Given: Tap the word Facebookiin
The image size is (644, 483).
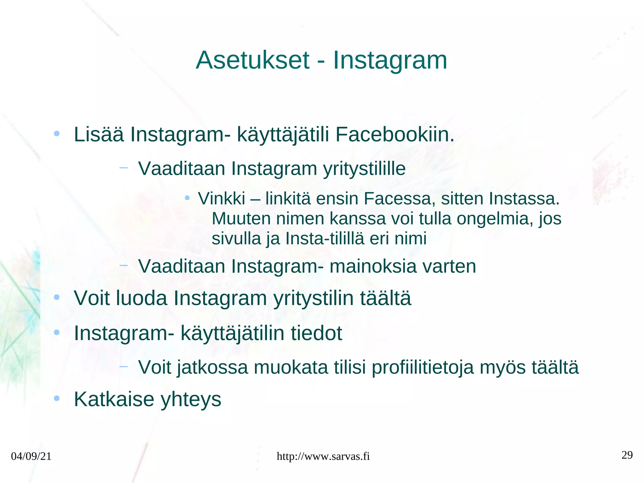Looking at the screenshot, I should tap(395, 135).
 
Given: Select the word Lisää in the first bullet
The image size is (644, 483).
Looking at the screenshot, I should tap(99, 135).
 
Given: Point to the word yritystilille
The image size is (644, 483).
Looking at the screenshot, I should tap(364, 169).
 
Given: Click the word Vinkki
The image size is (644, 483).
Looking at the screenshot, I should tap(221, 199).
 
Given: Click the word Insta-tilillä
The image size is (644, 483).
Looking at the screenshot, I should tap(325, 238).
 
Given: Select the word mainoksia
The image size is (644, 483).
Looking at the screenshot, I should tap(373, 266).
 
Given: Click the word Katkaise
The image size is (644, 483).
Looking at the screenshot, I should tap(114, 399).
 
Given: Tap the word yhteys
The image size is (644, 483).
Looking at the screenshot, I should tap(191, 400).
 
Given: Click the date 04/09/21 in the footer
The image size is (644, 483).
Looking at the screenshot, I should tap(31, 456).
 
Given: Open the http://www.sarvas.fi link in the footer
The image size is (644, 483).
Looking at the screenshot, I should tap(323, 456).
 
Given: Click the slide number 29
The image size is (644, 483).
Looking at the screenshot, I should tap(627, 455).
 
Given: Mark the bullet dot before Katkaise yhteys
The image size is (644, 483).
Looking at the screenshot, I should tap(57, 399).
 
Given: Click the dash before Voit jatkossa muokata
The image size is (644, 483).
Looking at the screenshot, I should tap(124, 366).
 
